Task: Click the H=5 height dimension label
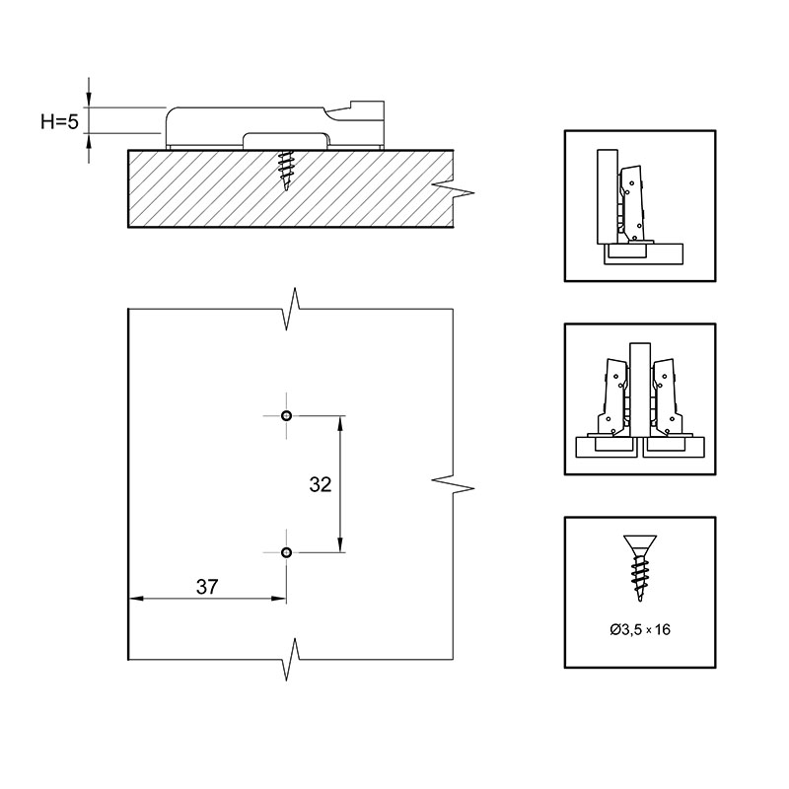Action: click(60, 121)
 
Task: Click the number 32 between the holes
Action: click(321, 484)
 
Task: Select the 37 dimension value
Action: click(207, 587)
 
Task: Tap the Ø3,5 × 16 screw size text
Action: click(640, 629)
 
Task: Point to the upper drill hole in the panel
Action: click(286, 415)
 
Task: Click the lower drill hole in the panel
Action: click(286, 552)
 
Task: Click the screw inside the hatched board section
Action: click(286, 170)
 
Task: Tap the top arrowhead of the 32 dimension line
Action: click(340, 423)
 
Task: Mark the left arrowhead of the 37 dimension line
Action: click(137, 599)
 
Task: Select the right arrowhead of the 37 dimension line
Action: click(279, 599)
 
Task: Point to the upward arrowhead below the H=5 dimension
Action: click(89, 141)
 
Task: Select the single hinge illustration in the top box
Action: click(640, 206)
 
